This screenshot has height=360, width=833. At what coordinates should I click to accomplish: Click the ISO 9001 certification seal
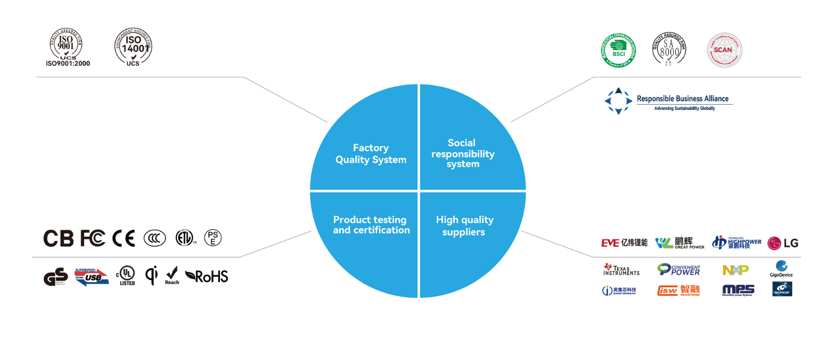pos(66,45)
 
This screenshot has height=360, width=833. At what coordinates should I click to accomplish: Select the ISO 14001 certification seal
pos(134,46)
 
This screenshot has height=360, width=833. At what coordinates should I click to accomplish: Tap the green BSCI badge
pos(618,50)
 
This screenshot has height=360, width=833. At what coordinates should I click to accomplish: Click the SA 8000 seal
pos(669,49)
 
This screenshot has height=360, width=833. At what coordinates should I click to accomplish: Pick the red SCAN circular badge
pos(724,50)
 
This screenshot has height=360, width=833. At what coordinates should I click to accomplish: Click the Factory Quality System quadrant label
pos(371,154)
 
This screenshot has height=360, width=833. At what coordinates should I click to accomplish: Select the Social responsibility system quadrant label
pos(463,153)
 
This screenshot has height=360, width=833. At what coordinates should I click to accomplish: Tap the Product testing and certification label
pos(371,225)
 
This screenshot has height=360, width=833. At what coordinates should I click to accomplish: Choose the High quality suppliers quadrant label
pos(464,226)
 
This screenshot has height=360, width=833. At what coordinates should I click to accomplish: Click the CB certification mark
pos(58,239)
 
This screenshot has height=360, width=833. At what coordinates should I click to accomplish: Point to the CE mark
pos(124,239)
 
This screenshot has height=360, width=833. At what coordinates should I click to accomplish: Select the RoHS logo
pos(207,276)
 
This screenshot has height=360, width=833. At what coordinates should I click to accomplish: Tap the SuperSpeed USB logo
pos(91,277)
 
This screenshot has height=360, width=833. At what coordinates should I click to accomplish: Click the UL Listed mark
pos(126,275)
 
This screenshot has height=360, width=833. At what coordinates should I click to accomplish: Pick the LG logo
pos(783,243)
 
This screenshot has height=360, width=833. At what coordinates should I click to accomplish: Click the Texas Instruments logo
pos(621,269)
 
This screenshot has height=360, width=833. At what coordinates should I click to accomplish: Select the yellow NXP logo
pos(736,270)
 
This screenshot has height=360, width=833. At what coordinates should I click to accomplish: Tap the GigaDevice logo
pos(781,269)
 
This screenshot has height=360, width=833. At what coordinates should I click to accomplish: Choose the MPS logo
pos(738,290)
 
